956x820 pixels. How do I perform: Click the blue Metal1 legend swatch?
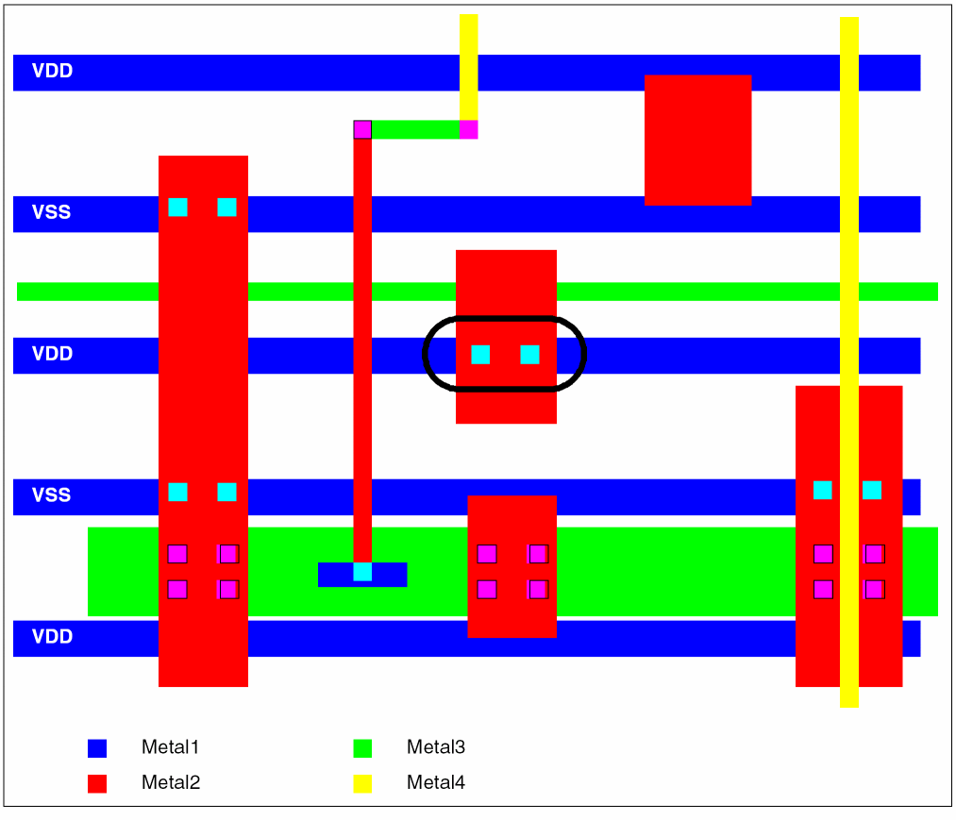(x=97, y=748)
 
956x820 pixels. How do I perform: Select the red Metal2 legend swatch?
(x=97, y=783)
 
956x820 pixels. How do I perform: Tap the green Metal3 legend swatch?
(x=362, y=748)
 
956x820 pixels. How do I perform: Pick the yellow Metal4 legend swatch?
(x=362, y=783)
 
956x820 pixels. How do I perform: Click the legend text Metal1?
(x=170, y=746)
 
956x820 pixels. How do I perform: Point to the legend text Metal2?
(x=171, y=782)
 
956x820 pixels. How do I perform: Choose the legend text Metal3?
(x=436, y=746)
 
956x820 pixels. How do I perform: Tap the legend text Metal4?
(x=436, y=782)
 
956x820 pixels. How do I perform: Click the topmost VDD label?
(x=53, y=71)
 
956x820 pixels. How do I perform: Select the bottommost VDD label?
(x=53, y=637)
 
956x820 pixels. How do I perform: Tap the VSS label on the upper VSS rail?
(x=51, y=212)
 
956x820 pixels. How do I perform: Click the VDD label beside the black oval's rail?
(x=53, y=354)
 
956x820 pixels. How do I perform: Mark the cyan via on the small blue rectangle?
(x=362, y=572)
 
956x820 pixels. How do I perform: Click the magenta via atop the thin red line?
(x=362, y=129)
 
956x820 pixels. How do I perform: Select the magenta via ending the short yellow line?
(x=468, y=129)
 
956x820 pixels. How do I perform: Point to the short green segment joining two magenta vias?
(x=415, y=129)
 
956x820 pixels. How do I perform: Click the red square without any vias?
(x=698, y=141)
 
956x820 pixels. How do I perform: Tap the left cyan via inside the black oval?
(x=480, y=355)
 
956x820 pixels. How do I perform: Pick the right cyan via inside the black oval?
(x=529, y=355)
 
